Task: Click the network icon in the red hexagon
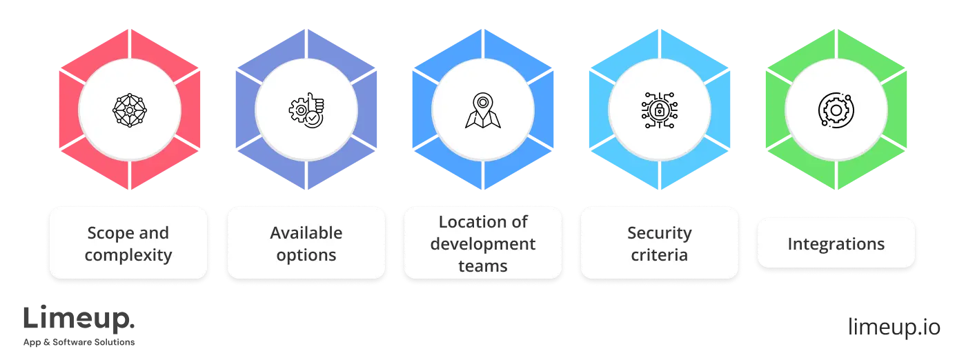coord(130,109)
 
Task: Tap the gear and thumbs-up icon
coord(306,109)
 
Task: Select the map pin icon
coord(482,110)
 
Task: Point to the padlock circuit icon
coord(660,109)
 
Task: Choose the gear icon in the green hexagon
coord(836,109)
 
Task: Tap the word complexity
coord(128,255)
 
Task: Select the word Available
coord(306,233)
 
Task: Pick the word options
coord(306,255)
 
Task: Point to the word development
coord(483,244)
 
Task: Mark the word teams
coord(483,266)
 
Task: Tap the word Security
coord(660,233)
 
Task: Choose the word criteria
coord(660,255)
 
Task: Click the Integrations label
coord(836,244)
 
